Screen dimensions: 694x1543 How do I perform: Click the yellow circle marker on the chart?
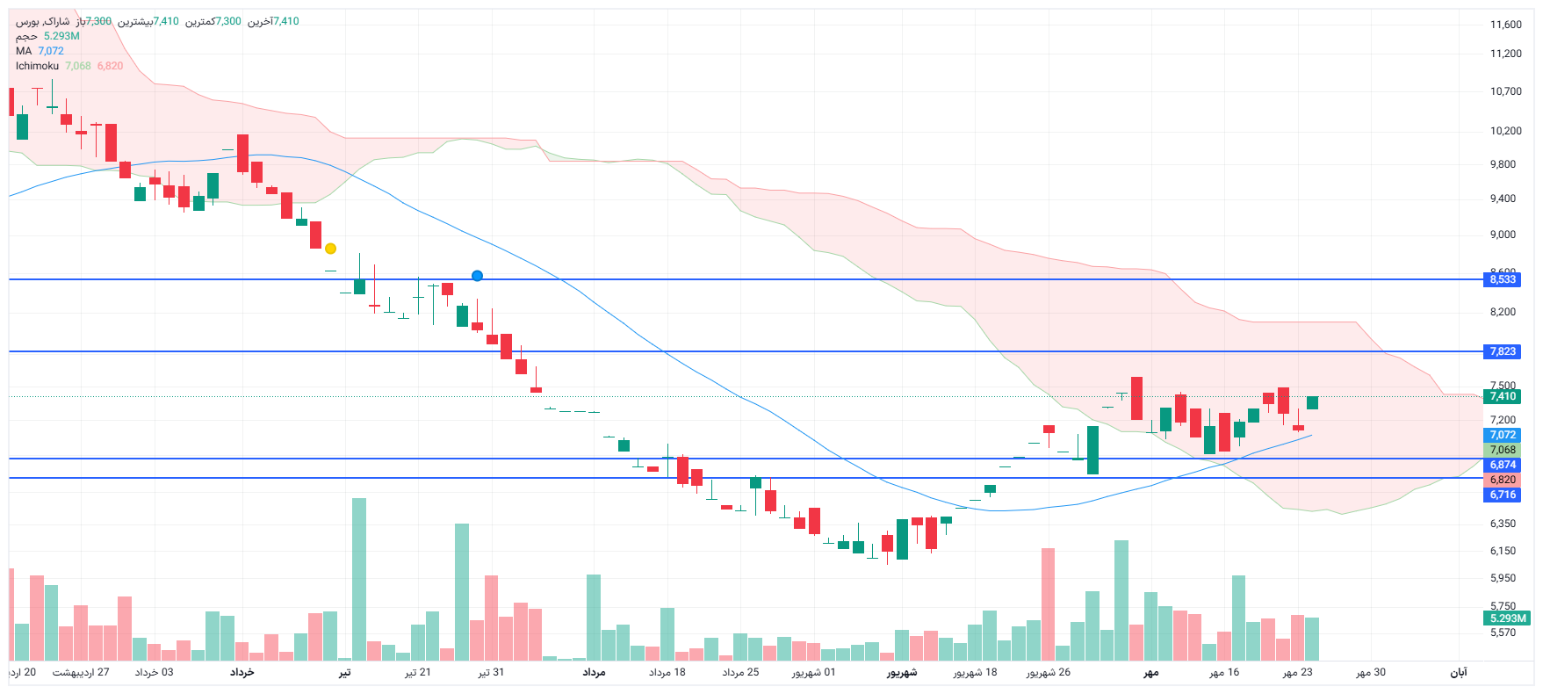click(x=330, y=249)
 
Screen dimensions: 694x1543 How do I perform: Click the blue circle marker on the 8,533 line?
click(x=477, y=276)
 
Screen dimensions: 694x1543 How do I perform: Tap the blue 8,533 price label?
click(x=1503, y=279)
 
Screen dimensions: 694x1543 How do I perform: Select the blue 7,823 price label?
click(x=1503, y=351)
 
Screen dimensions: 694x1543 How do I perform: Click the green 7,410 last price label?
click(x=1503, y=396)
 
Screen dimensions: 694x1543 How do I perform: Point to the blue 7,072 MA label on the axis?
click(x=1503, y=435)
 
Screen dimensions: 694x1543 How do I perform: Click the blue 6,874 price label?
click(x=1503, y=465)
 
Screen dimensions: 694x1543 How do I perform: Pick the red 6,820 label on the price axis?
click(x=1503, y=480)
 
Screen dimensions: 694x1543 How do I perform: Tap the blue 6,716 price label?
click(x=1503, y=495)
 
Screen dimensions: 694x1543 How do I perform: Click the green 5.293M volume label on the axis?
click(x=1508, y=618)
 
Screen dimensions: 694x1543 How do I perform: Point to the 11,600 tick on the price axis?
click(x=1505, y=25)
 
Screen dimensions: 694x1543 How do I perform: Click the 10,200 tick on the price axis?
click(x=1505, y=131)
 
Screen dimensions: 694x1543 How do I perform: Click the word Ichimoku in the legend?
click(x=37, y=66)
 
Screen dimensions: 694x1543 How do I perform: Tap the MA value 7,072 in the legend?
click(x=51, y=51)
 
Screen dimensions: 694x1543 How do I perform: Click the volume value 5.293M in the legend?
click(x=61, y=36)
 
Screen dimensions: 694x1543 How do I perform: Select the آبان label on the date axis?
click(x=1458, y=672)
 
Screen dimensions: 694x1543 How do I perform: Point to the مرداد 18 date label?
click(x=667, y=672)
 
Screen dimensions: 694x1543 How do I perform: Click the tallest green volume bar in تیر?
click(x=359, y=579)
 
